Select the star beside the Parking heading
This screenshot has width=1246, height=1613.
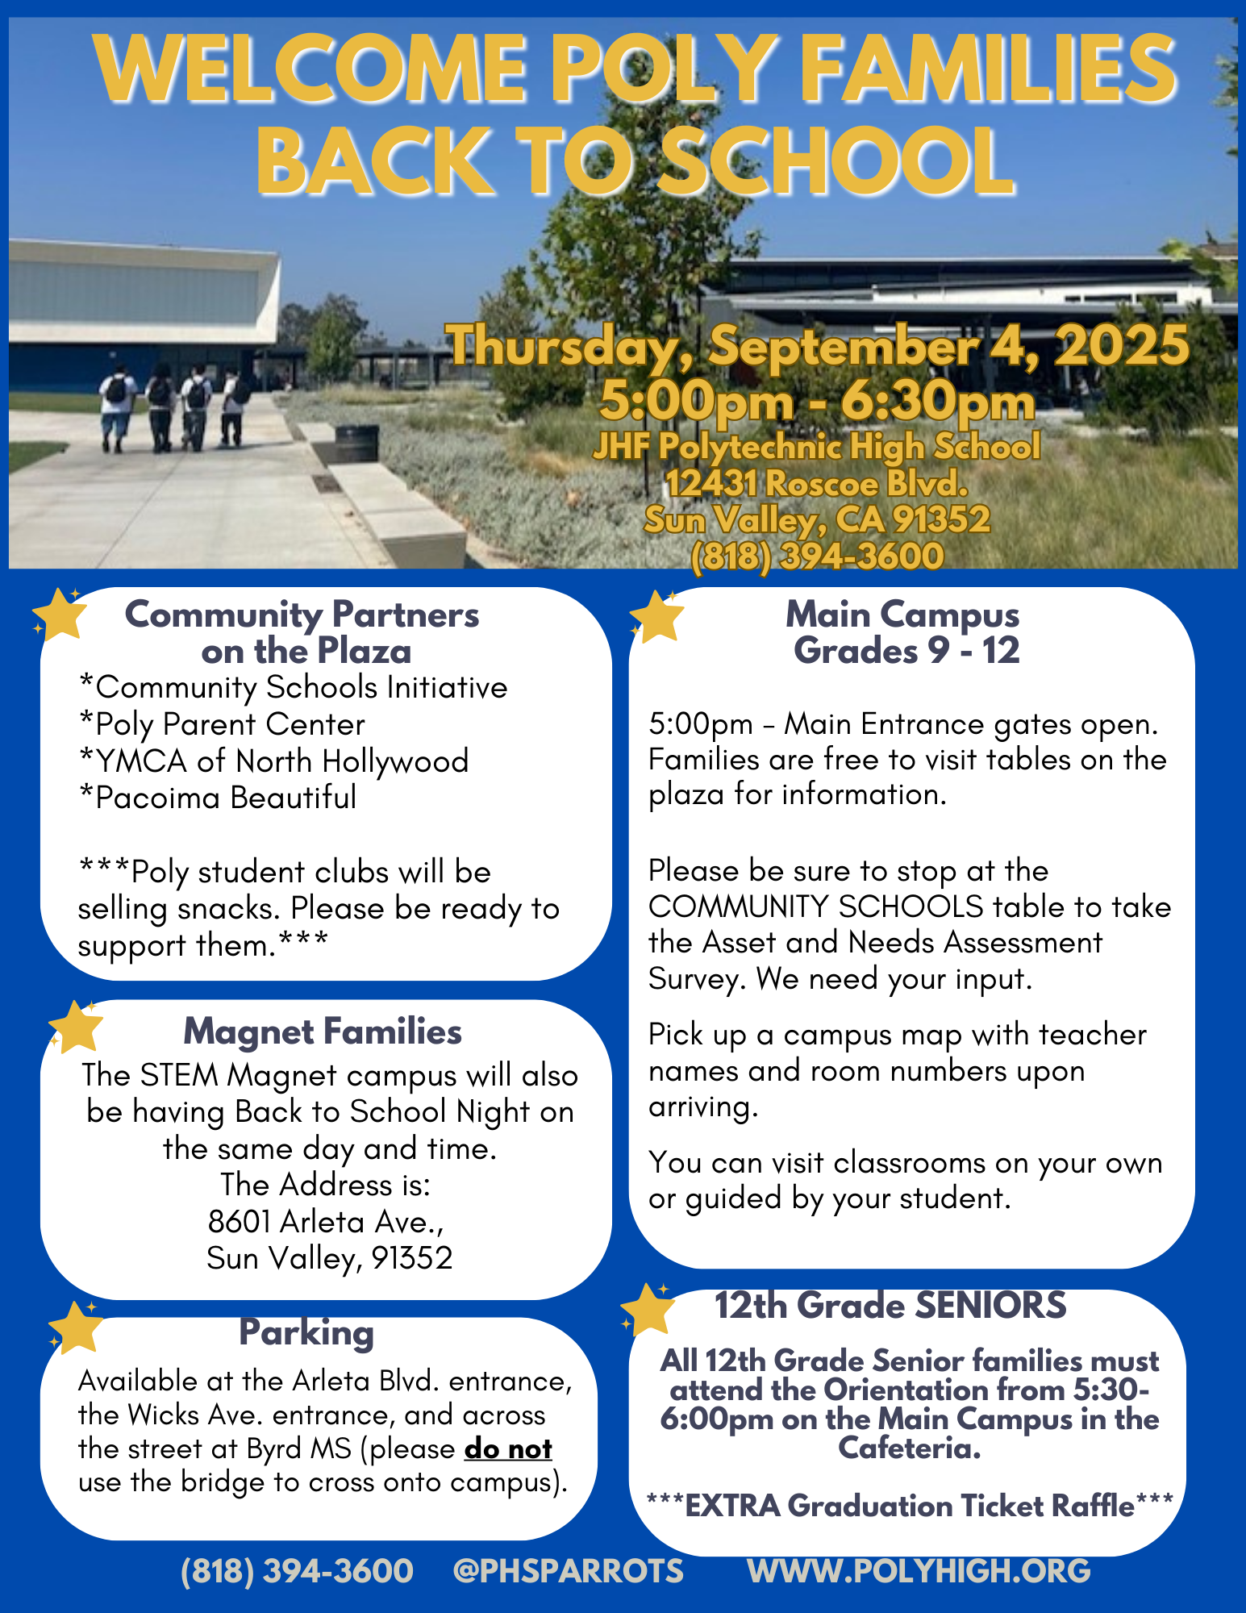(77, 1327)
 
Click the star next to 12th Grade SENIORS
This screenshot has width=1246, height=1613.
(648, 1309)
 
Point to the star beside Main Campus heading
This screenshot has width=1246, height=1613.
(657, 617)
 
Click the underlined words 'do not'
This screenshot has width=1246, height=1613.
(508, 1448)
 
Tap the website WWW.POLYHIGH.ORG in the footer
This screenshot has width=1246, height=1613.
(919, 1570)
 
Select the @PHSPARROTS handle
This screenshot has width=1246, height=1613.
(568, 1570)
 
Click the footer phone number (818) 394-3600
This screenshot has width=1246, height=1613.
(297, 1570)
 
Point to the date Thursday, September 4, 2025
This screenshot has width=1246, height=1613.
(817, 345)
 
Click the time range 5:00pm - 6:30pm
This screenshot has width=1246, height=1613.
(817, 401)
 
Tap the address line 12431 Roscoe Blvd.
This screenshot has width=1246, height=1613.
(817, 483)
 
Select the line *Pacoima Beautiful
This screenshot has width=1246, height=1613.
(218, 797)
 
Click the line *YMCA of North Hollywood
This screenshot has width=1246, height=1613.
(274, 761)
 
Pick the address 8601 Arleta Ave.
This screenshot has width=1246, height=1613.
(326, 1221)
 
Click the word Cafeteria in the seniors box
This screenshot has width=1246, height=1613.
(909, 1448)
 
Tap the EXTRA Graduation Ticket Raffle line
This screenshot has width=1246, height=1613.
(909, 1506)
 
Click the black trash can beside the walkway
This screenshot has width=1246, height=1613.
(356, 443)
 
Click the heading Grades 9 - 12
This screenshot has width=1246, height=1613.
(906, 650)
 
